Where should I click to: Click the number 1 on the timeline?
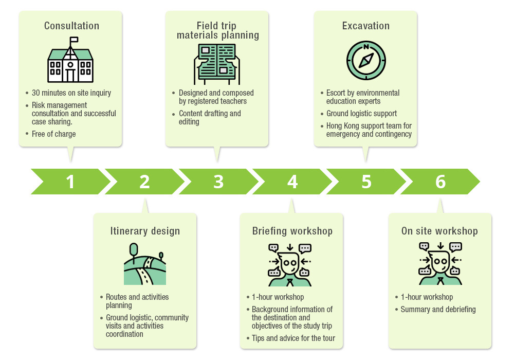[70, 182]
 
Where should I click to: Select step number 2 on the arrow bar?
[144, 182]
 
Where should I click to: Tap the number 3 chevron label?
[218, 182]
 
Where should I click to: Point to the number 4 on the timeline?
[292, 182]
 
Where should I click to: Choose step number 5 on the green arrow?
[366, 182]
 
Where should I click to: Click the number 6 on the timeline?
[440, 182]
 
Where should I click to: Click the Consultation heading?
[71, 26]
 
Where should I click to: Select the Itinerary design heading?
[145, 231]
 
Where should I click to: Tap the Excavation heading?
[365, 26]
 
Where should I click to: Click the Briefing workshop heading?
[292, 231]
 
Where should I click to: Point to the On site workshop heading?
[439, 231]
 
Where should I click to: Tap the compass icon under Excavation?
[365, 60]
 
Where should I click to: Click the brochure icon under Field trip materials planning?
[217, 64]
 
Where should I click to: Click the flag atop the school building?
[74, 40]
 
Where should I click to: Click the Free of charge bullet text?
[53, 134]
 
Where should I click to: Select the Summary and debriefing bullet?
[438, 310]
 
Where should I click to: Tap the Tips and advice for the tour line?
[293, 338]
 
